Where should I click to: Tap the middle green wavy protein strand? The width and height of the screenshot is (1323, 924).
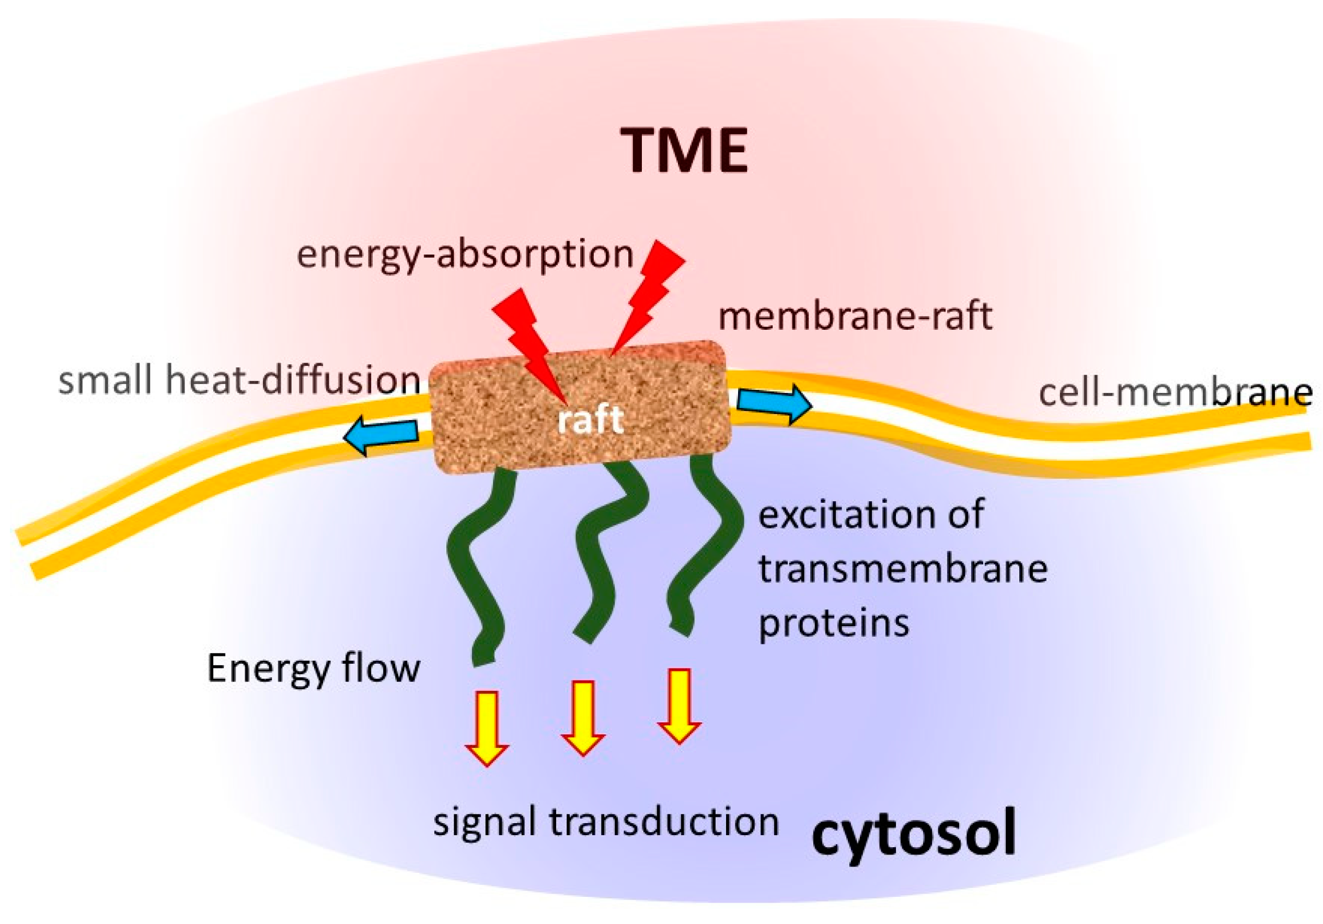[605, 553]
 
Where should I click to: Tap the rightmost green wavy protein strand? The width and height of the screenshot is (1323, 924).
[703, 553]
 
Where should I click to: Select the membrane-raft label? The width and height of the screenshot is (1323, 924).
[855, 316]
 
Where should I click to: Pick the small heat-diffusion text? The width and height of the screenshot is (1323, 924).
[239, 381]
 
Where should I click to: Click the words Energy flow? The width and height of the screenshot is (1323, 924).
[314, 669]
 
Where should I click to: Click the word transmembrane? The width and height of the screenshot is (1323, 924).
[902, 569]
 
